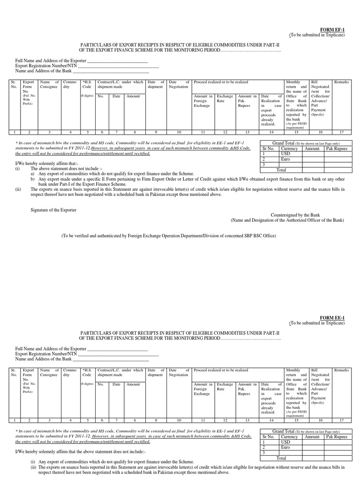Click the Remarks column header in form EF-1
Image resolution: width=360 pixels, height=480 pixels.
tap(341, 82)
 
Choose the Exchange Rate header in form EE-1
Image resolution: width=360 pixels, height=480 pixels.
tap(225, 387)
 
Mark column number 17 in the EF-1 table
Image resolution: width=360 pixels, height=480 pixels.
tap(341, 132)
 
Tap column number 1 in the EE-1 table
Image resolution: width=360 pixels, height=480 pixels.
tap(15, 420)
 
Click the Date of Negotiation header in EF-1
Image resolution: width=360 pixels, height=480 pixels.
tap(179, 84)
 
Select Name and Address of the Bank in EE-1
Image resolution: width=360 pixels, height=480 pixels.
tap(44, 359)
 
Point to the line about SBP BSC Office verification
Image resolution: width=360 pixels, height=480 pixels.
tap(180, 236)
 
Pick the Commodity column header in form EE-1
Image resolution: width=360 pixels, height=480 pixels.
tap(70, 373)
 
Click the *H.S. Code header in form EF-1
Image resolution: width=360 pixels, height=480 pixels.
tap(87, 84)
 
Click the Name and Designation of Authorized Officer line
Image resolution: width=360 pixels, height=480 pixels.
tap(287, 220)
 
